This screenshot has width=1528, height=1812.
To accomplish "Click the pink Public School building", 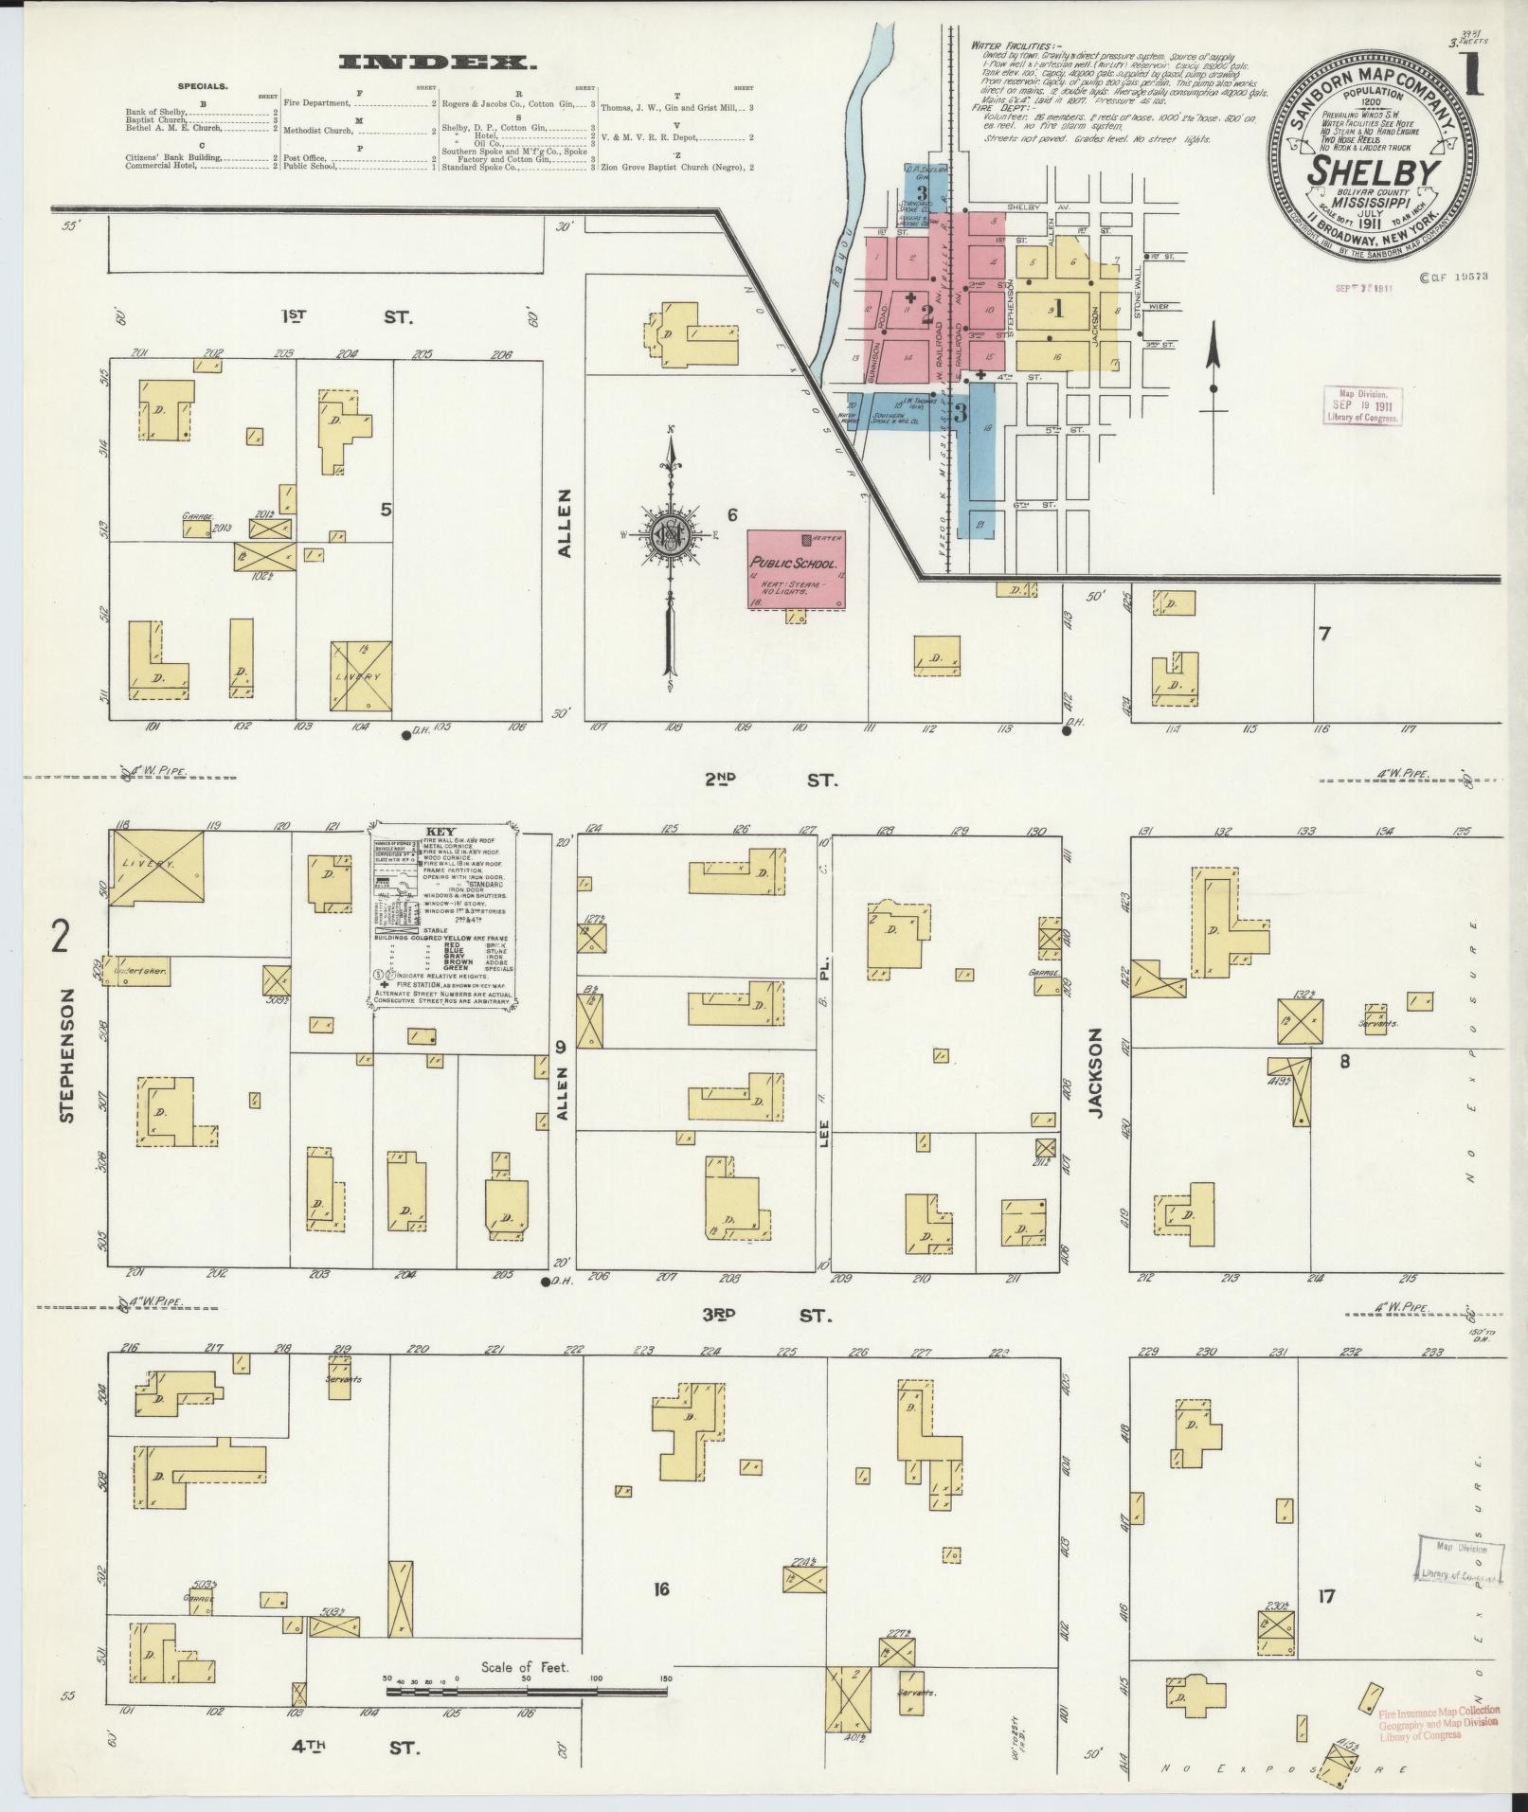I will click(796, 569).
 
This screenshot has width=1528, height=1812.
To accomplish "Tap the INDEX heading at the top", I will click(437, 63).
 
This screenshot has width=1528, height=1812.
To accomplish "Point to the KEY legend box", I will click(443, 915).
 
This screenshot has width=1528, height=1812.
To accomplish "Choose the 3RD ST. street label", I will click(767, 1316).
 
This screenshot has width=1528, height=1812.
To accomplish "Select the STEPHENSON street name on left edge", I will click(66, 1056).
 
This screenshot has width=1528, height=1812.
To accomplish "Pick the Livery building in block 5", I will click(361, 676).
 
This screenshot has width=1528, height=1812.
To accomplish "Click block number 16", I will click(661, 1588).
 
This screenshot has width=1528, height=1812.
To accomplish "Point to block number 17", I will click(1325, 1596).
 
